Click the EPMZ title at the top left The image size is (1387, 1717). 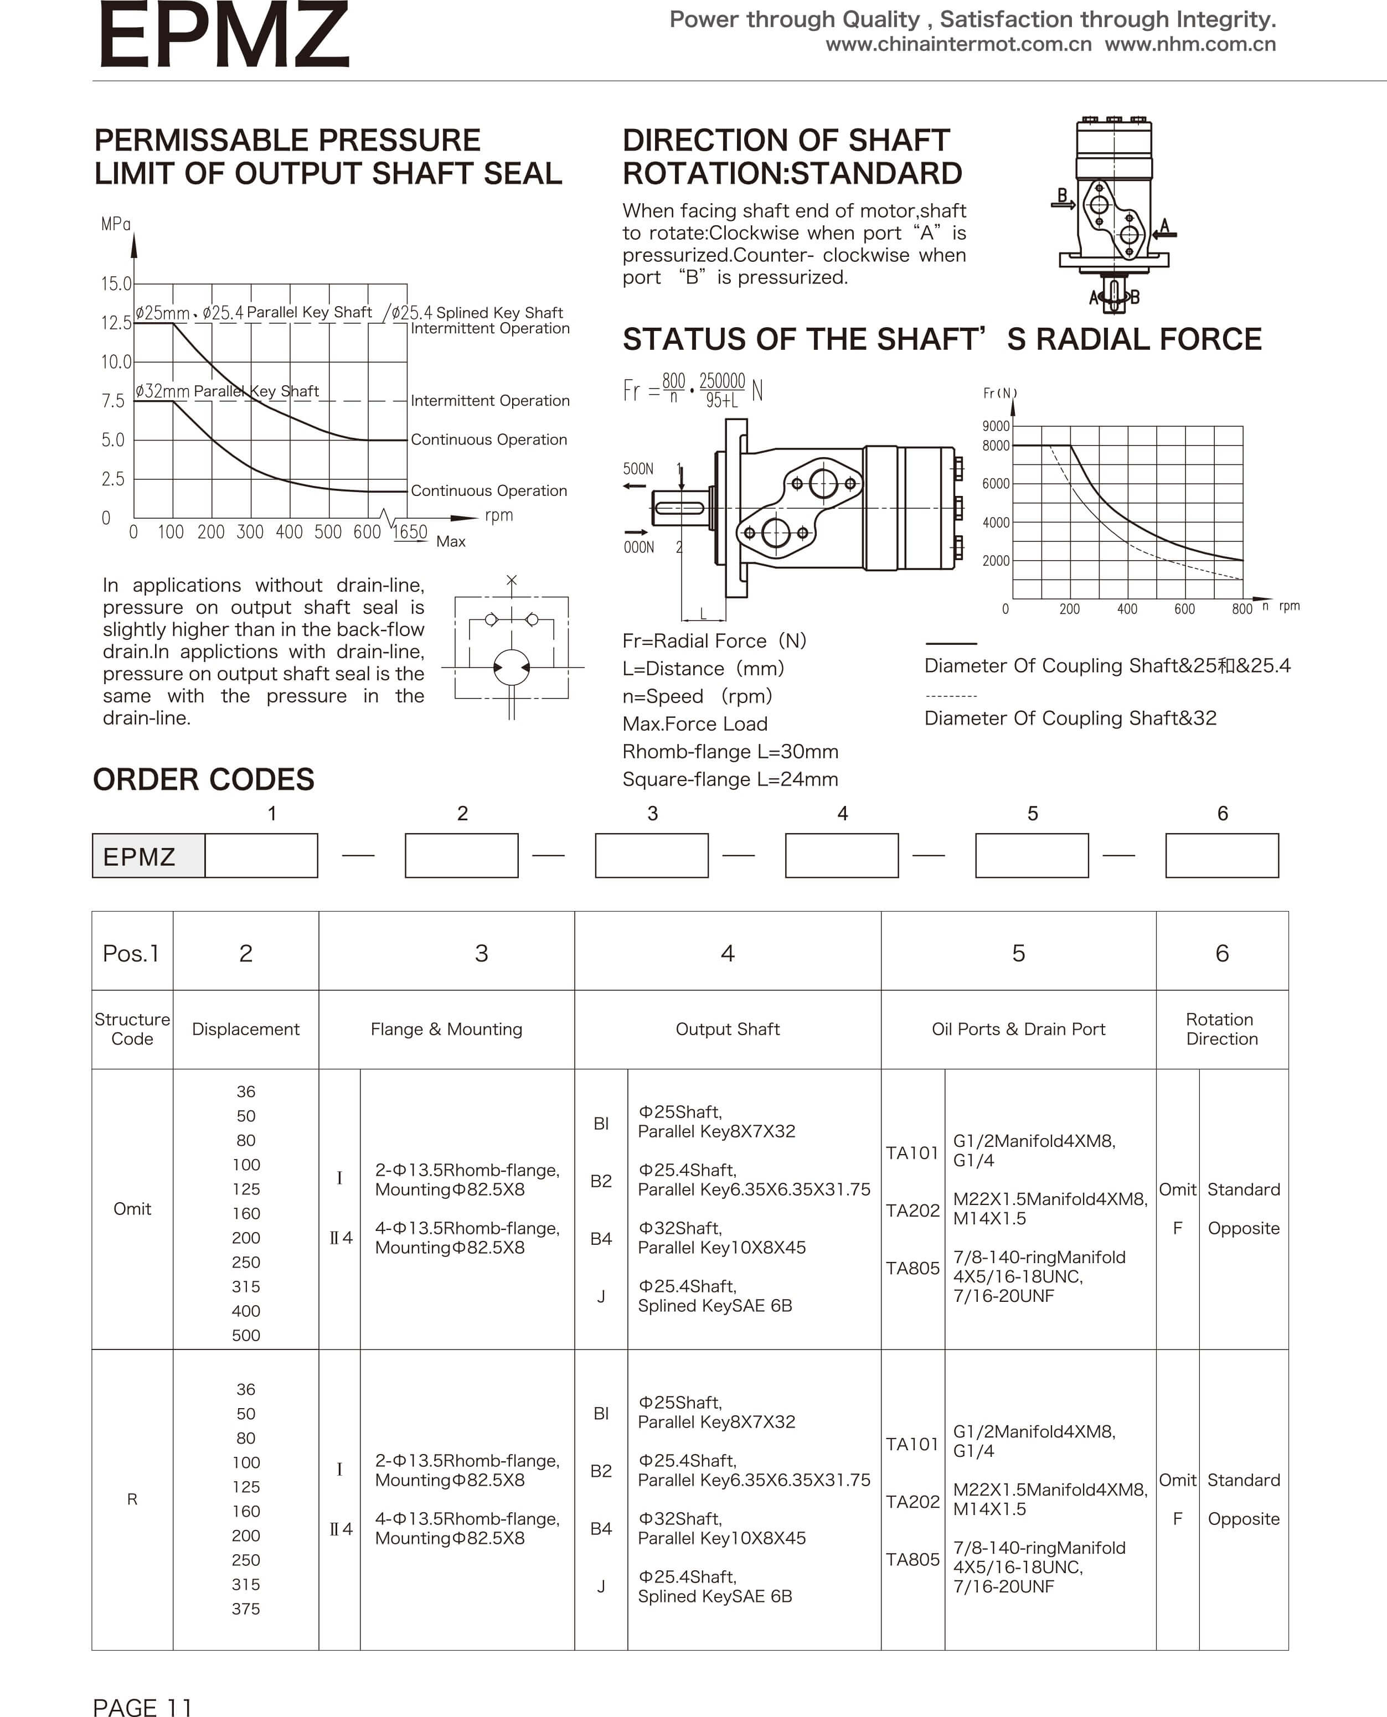[x=224, y=36]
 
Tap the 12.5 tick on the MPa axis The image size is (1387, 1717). [x=116, y=323]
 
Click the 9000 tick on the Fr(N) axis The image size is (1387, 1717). [x=996, y=426]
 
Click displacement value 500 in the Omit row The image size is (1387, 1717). [x=245, y=1335]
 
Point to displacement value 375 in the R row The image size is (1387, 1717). [x=245, y=1609]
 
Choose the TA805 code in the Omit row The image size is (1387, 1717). [x=912, y=1268]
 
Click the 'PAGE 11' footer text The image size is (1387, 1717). [x=142, y=1705]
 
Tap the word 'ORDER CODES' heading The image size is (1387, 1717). [x=204, y=779]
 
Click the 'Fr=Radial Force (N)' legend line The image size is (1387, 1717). [x=714, y=640]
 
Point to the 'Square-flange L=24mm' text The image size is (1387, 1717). [x=729, y=779]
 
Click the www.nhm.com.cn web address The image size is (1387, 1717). [x=1190, y=44]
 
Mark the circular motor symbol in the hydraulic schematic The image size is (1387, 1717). [x=512, y=667]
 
